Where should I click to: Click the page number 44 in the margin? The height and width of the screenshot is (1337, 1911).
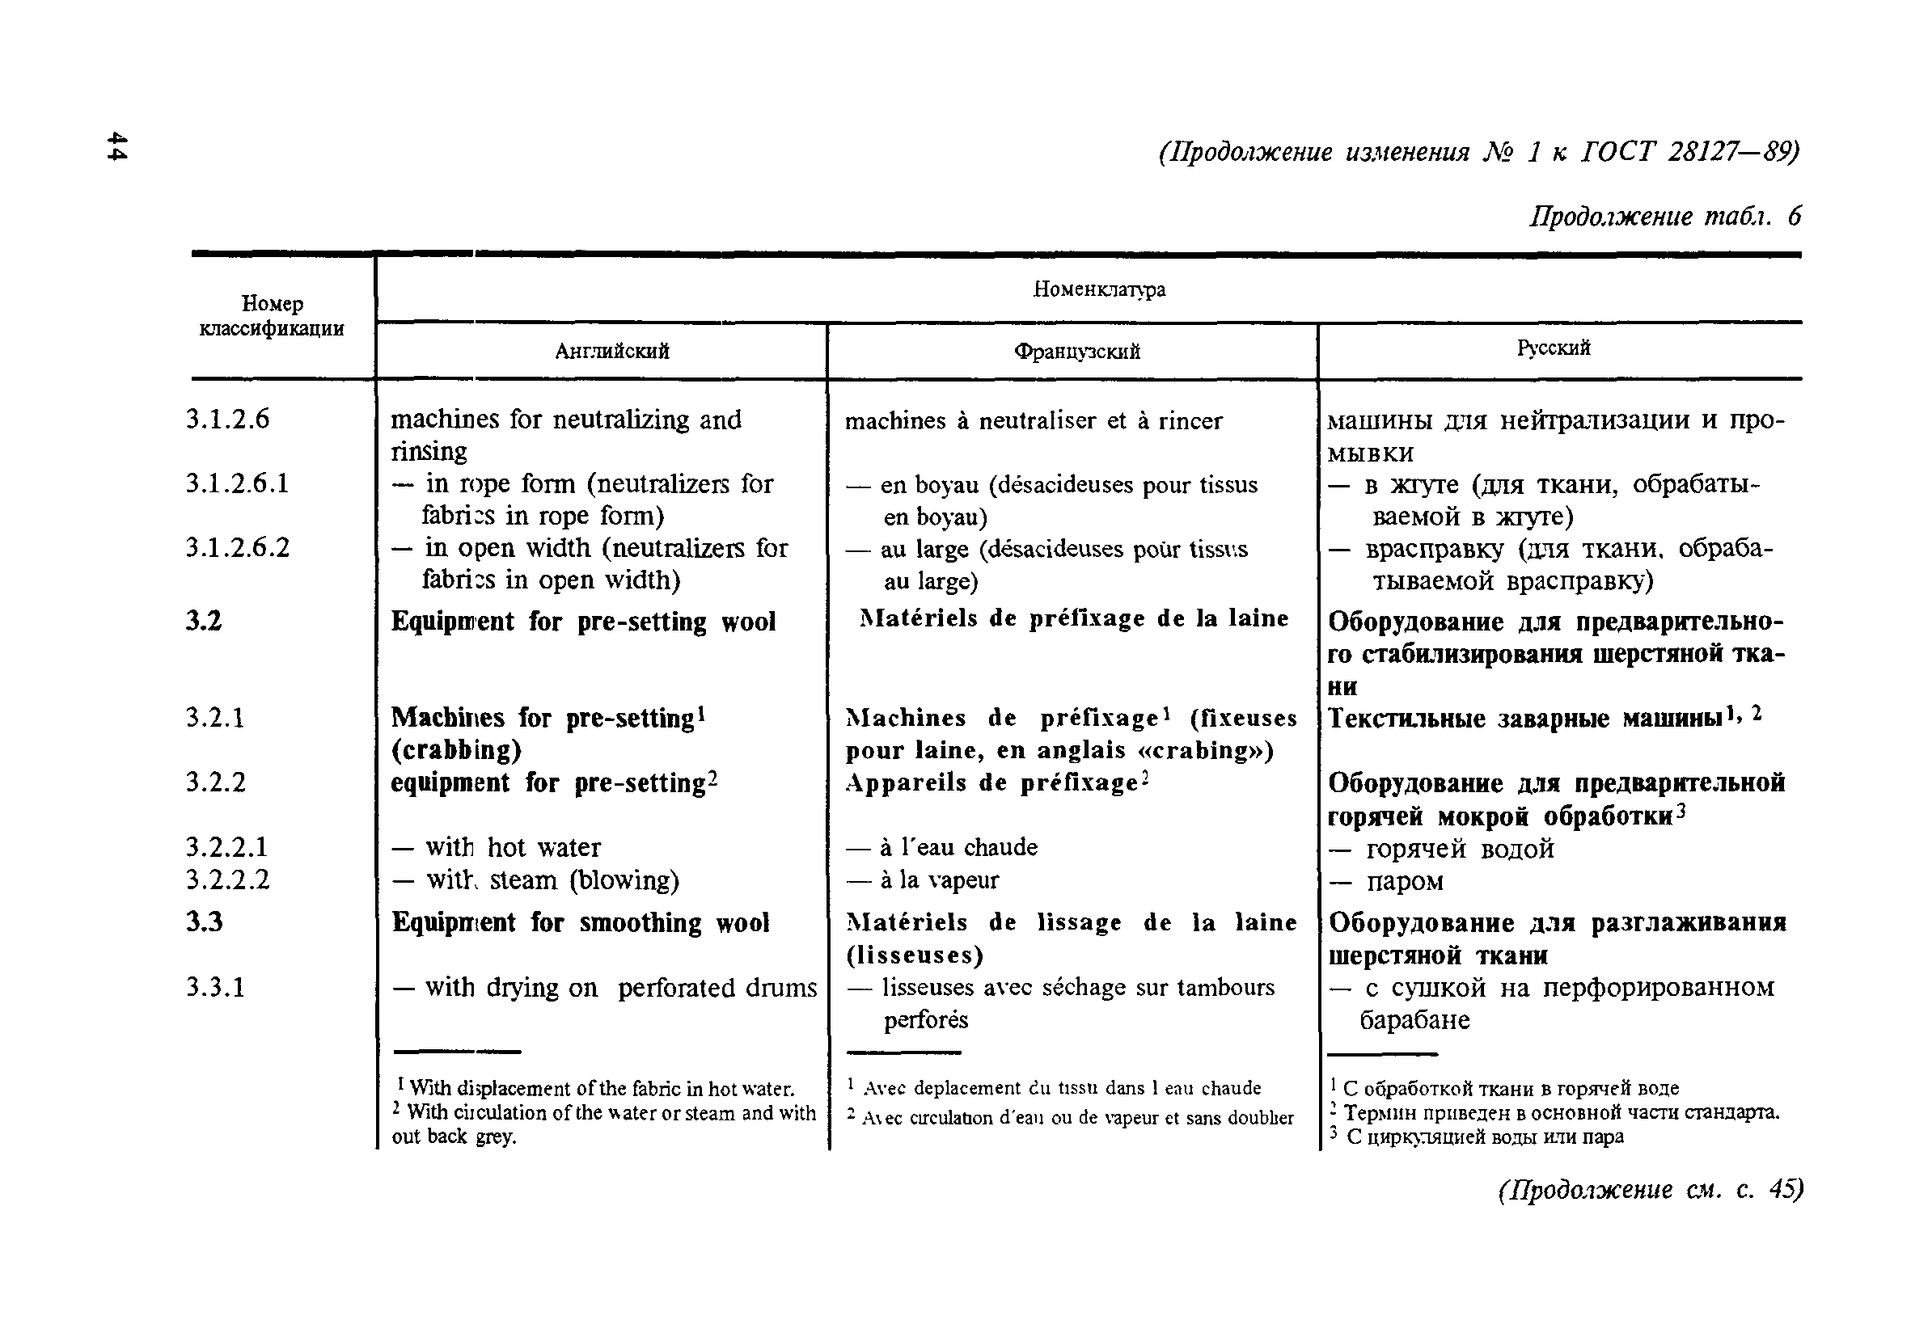(117, 146)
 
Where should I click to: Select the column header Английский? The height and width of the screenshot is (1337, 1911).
(611, 351)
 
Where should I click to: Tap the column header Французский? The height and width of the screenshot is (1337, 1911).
(1076, 352)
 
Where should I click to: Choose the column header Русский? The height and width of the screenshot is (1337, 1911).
(1553, 348)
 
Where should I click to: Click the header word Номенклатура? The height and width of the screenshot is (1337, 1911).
(1099, 289)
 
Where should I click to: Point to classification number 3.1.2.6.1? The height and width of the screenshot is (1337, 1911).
(237, 483)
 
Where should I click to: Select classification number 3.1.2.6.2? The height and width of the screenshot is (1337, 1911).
(238, 547)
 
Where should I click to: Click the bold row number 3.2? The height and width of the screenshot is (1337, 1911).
(204, 621)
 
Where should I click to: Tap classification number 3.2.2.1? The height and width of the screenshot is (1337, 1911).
(227, 847)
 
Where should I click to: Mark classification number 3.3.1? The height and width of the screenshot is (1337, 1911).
(216, 987)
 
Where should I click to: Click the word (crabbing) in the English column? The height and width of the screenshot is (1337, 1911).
(456, 749)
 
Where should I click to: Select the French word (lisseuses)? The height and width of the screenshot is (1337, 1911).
(915, 955)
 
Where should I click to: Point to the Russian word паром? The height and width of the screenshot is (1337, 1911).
(1405, 881)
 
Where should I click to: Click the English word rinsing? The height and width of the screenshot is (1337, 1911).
(429, 451)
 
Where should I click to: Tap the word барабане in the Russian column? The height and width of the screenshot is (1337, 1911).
(1415, 1020)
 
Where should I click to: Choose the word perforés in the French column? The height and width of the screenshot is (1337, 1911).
(925, 1020)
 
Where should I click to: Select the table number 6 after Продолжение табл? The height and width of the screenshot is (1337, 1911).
(1794, 217)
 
